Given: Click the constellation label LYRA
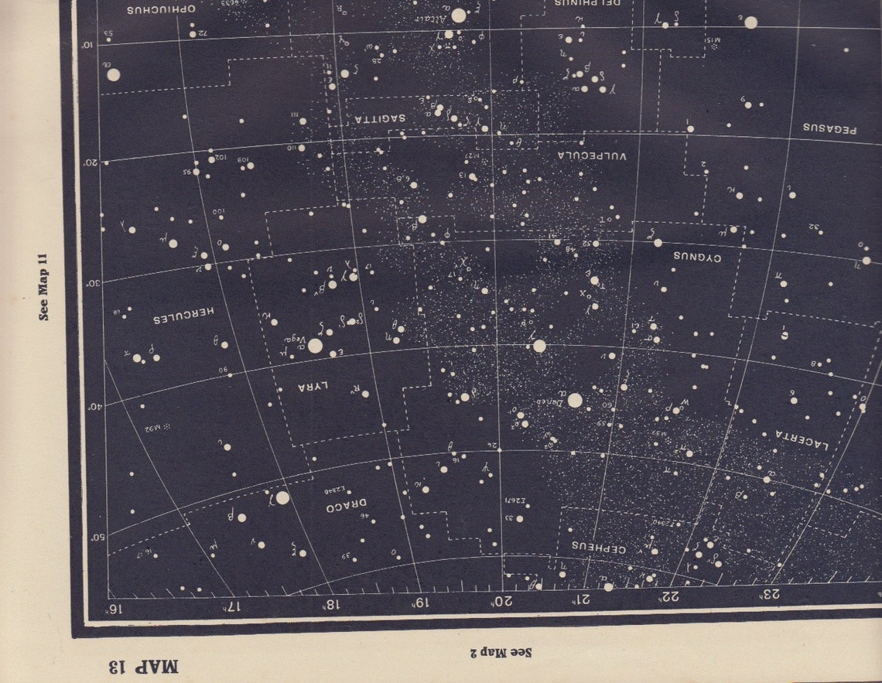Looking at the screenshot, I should pos(316,386).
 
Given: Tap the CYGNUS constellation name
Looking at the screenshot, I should pos(696,256).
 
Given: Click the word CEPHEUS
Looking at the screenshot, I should pos(598,546).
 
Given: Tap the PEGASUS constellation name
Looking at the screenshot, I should pos(829,127).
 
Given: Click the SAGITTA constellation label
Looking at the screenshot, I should pos(381,118).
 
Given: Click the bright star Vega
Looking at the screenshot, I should pos(315,346).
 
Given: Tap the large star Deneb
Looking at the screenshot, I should pos(574,400).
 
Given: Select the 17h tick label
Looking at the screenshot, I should pos(230,604).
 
